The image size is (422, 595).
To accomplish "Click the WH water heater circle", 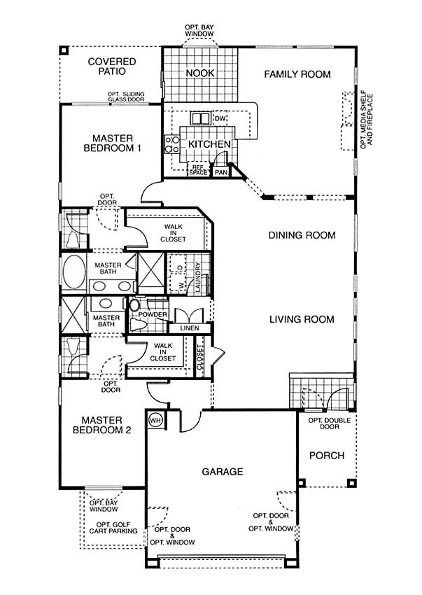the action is (155, 420).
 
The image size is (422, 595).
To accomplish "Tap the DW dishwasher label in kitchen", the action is (220, 119).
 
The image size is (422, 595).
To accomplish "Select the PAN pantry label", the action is (221, 172).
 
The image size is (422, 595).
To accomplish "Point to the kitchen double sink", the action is (201, 119).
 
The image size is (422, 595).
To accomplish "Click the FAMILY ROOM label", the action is (297, 74).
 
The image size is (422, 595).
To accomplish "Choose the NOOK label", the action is (200, 73).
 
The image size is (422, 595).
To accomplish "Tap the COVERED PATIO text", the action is (111, 66).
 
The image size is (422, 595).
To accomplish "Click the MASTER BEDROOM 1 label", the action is (113, 143).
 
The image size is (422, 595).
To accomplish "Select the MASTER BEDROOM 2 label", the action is (101, 425).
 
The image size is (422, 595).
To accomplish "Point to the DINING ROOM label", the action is (302, 235).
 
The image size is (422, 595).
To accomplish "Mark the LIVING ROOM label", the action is (302, 319).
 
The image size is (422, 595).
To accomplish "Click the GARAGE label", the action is (223, 472).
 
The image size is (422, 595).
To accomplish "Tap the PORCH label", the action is (327, 456).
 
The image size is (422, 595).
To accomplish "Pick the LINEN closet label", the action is (190, 328).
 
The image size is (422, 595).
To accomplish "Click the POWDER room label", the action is (153, 314).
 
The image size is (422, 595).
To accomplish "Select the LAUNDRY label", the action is (198, 277).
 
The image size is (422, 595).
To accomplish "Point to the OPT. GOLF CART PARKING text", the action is (113, 528).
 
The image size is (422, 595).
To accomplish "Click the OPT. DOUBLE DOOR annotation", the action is (330, 423).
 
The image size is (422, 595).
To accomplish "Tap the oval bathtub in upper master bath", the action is (73, 272).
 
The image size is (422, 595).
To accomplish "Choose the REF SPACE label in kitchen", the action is (199, 169).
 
